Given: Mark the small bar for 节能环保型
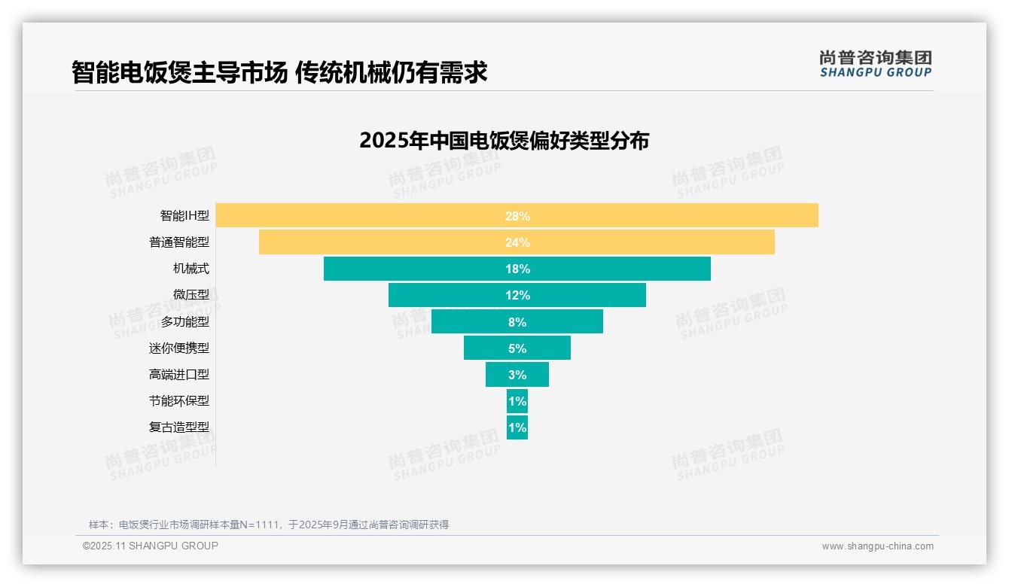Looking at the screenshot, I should pos(517,401).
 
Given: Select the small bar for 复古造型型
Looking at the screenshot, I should pos(517,427).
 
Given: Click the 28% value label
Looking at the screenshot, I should pos(517,216).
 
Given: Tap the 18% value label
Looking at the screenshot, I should pos(517,269).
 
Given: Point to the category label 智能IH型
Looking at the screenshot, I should pos(184,216).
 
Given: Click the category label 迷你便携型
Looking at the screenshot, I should pos(179,348).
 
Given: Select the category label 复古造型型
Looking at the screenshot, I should pos(179,427).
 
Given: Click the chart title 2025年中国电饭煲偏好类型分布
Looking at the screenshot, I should pos(504,141).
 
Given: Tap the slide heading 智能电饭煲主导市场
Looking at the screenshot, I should pos(179,72).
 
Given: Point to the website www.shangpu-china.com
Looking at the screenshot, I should pos(877,546).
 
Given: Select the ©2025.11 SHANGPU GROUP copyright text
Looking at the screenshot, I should pos(151,546).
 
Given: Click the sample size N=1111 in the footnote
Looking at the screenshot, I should pos(255,525).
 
